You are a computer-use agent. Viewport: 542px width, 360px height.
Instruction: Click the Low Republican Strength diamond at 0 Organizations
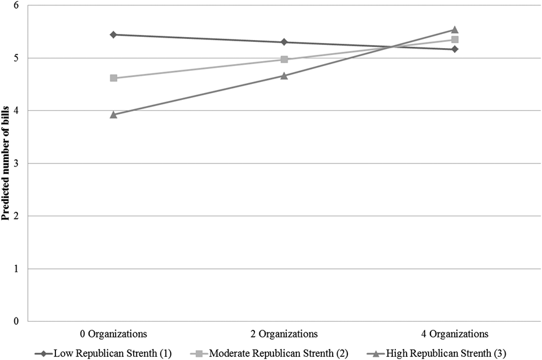[x=113, y=35]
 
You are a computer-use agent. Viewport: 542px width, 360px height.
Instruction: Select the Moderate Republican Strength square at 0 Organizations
[x=113, y=78]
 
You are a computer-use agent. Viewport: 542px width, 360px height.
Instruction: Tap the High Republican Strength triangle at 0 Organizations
[x=113, y=114]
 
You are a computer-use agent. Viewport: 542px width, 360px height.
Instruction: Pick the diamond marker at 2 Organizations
[x=284, y=42]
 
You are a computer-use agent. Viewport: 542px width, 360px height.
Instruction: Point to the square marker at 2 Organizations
[x=284, y=59]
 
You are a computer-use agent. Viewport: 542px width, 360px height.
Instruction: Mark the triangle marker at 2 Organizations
[x=284, y=76]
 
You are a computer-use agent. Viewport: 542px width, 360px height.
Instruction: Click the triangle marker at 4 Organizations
[x=455, y=30]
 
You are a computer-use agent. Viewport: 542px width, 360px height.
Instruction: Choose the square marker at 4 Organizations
[x=455, y=39]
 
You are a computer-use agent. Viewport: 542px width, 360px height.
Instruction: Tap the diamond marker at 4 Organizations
[x=455, y=49]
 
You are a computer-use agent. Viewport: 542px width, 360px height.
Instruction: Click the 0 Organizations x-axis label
[x=113, y=333]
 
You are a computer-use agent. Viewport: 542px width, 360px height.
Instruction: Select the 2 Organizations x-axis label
[x=284, y=333]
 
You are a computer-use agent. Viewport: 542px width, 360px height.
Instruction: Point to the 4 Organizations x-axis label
[x=455, y=333]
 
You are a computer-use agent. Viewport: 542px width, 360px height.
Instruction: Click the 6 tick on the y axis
[x=17, y=6]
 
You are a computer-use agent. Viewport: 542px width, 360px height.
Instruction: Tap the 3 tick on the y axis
[x=17, y=163]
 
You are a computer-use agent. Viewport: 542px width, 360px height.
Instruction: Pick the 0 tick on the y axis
[x=17, y=321]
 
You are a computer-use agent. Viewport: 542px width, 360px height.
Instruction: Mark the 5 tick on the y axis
[x=17, y=58]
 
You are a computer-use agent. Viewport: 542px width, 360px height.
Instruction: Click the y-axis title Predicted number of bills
[x=6, y=163]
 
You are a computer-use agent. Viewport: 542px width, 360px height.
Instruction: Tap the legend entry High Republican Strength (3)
[x=437, y=353]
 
